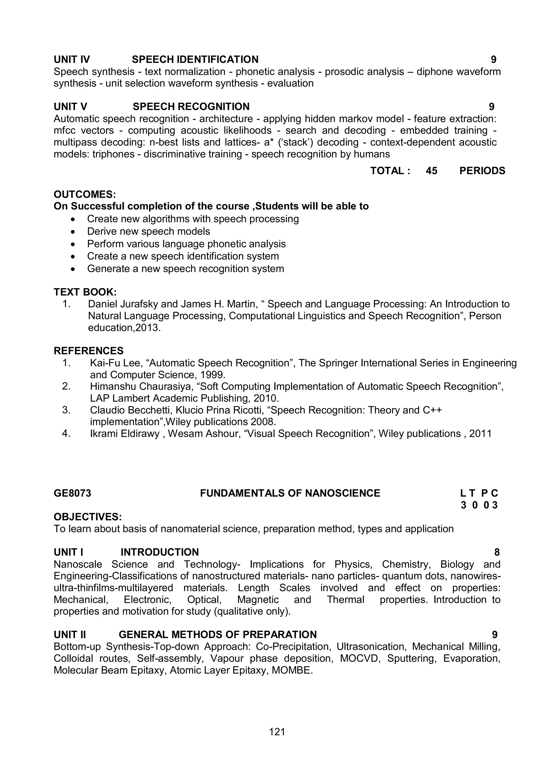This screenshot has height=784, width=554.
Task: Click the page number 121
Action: (x=277, y=732)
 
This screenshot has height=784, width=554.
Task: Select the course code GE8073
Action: (x=72, y=493)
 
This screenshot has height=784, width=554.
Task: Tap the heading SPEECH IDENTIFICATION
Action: (x=195, y=60)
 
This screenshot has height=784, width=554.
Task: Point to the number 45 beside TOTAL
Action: (x=431, y=171)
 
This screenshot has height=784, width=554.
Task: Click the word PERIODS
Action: (x=482, y=171)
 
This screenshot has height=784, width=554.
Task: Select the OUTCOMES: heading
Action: (x=85, y=194)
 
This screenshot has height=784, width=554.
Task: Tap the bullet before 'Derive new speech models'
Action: (x=73, y=232)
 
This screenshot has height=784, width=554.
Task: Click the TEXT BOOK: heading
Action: (x=85, y=292)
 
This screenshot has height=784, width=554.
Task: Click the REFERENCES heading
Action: (x=89, y=351)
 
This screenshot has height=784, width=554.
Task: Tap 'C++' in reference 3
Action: (x=432, y=410)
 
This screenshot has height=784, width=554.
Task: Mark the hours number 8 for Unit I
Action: (x=497, y=552)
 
